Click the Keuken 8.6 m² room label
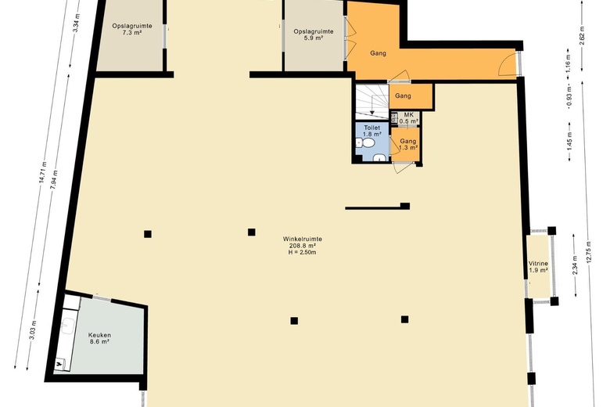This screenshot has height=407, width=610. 99,338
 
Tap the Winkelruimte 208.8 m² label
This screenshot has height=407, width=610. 303,243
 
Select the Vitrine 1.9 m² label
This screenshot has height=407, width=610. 538,267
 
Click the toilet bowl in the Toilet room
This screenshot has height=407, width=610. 367,144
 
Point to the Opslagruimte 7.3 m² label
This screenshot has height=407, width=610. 132,29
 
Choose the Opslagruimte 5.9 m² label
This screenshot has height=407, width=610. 314,34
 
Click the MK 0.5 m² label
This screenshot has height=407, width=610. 408,117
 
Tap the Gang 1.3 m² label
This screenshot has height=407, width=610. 408,145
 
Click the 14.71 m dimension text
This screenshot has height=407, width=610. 41,172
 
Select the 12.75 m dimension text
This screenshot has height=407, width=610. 590,252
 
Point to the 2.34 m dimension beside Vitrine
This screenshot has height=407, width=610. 575,265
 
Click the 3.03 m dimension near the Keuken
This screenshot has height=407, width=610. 33,330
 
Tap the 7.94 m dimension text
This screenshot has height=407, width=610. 54,179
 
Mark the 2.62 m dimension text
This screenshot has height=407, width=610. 582,36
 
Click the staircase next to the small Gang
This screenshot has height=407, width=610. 372,102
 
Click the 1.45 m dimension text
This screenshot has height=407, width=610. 569,142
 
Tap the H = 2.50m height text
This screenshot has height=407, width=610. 303,252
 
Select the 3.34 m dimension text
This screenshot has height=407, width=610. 77,23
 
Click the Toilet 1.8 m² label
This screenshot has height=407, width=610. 371,131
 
